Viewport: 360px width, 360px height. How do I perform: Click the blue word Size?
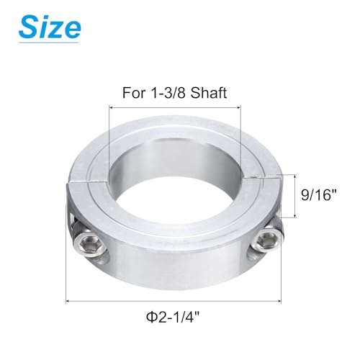pyautogui.click(x=49, y=29)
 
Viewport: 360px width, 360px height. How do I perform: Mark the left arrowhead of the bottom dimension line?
pyautogui.click(x=69, y=302)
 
